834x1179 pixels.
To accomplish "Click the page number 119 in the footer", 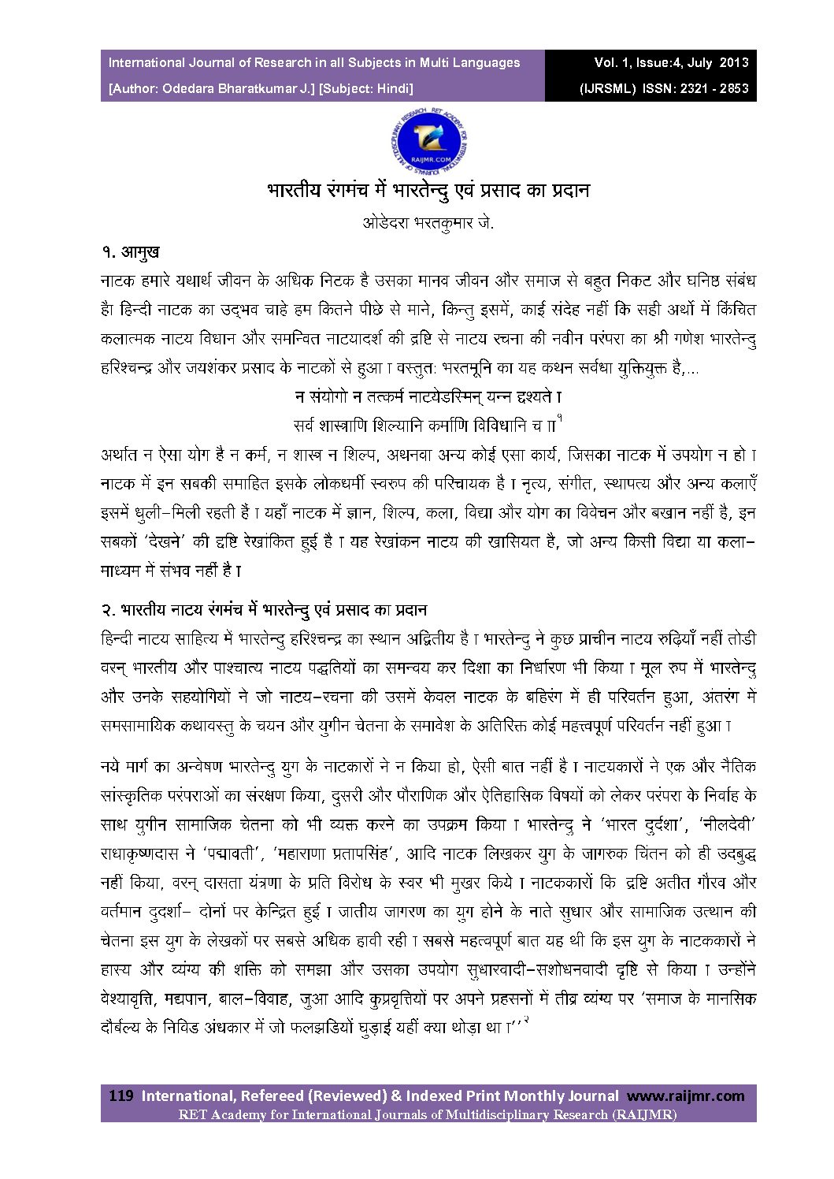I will [120, 1095].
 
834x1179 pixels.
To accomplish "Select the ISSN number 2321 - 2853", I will [713, 88].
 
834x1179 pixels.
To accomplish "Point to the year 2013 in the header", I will [733, 63].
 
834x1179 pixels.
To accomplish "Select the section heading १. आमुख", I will [131, 252].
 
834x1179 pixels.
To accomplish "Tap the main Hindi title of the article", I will [428, 191].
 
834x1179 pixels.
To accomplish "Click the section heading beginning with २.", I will [264, 610].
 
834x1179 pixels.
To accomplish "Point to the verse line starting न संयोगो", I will [428, 396].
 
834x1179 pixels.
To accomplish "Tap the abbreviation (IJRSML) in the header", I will [607, 88].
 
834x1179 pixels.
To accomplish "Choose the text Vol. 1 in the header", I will [617, 63].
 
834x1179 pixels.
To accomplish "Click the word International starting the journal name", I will [146, 63].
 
